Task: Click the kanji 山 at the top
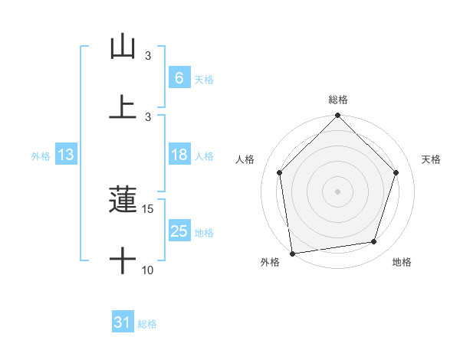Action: [x=123, y=47]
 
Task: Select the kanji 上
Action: [x=123, y=106]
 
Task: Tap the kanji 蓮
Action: [x=123, y=201]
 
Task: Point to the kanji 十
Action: [x=123, y=261]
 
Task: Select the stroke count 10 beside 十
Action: [x=148, y=270]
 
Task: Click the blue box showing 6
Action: [x=179, y=77]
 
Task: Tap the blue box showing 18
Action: [x=179, y=155]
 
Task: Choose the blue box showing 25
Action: [x=179, y=231]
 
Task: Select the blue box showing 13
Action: [x=66, y=155]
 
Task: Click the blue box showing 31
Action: [x=123, y=322]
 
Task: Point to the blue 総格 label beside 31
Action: [x=147, y=324]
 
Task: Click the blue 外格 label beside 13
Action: [x=41, y=156]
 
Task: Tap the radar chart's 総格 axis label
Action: [x=338, y=100]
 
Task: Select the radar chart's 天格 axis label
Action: [x=432, y=159]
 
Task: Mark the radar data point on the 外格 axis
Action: [x=292, y=253]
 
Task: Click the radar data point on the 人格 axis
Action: [x=280, y=172]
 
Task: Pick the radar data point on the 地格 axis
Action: [x=374, y=241]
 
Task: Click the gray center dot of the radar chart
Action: [x=338, y=191]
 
